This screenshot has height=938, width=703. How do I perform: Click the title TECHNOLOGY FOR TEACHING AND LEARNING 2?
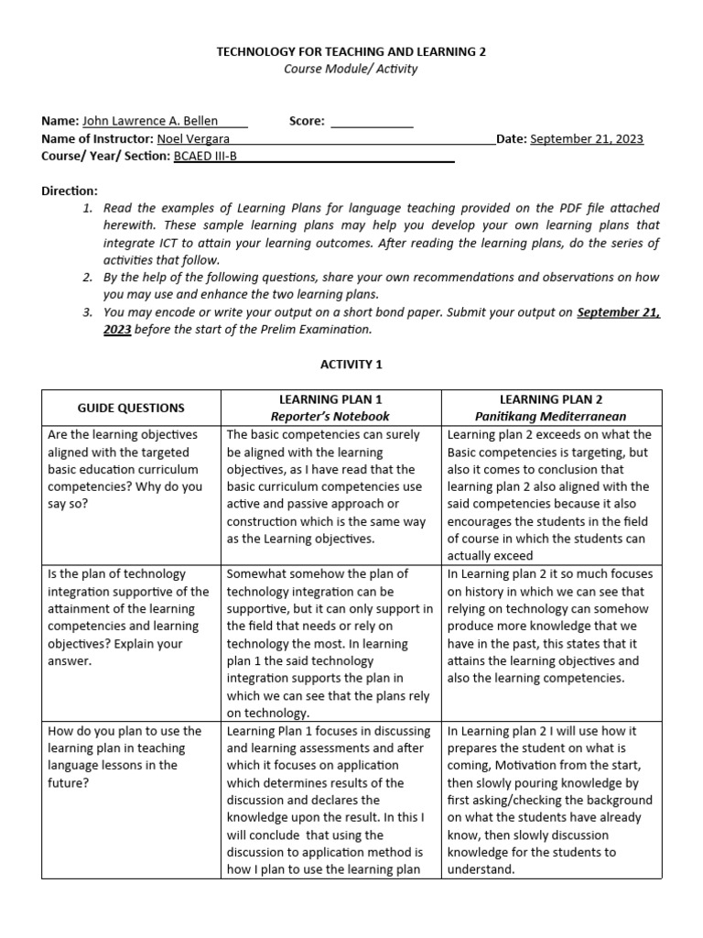tap(351, 52)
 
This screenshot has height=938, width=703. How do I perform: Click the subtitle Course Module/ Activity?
tap(351, 70)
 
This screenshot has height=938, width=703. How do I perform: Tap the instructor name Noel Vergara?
tap(194, 139)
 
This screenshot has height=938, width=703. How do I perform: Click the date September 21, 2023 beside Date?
tap(587, 139)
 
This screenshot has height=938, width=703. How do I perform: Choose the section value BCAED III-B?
tap(206, 157)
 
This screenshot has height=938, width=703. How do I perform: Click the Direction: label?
tap(70, 191)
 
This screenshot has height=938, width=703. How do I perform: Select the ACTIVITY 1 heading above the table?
tap(351, 365)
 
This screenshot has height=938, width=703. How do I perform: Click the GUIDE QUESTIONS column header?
tap(131, 408)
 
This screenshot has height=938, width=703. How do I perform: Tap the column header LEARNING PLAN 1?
tap(330, 399)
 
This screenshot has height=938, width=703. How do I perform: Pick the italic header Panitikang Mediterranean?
tap(551, 417)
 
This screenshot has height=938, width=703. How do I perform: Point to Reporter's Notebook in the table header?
tap(330, 417)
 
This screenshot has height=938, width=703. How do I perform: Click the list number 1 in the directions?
tap(88, 209)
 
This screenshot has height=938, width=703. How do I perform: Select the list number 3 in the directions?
tap(88, 312)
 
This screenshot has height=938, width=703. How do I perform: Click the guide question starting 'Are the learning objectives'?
tap(124, 469)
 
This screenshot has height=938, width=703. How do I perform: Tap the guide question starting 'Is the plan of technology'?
tap(128, 616)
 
